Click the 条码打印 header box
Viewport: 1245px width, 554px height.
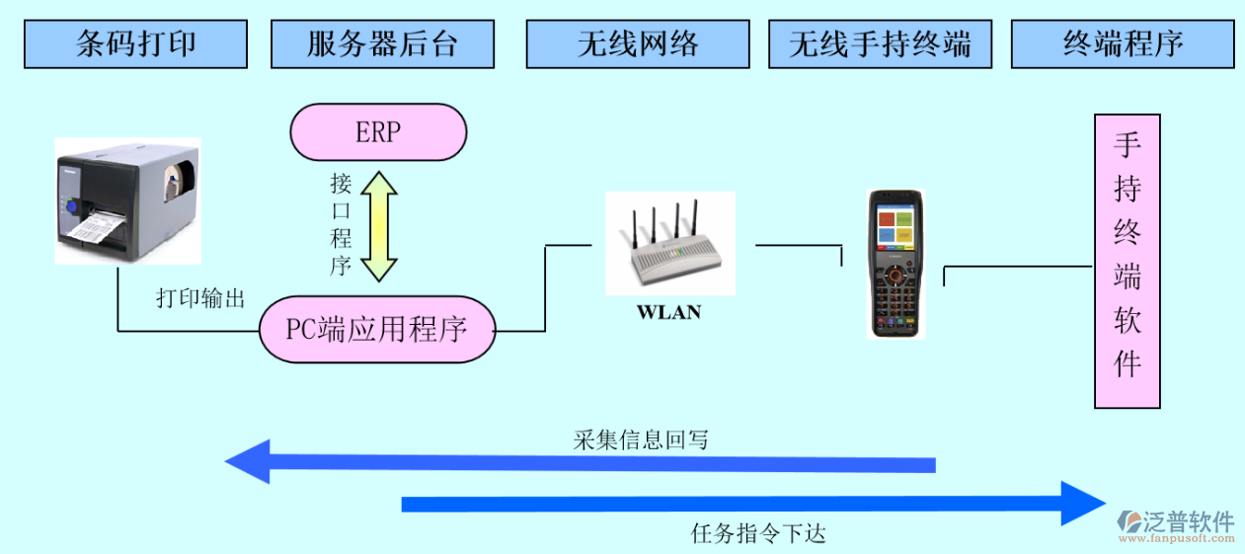click(x=136, y=44)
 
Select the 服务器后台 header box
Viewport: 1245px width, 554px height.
click(x=382, y=44)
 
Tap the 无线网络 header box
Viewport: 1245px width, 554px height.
click(x=638, y=44)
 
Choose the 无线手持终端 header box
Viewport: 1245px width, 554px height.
click(x=880, y=44)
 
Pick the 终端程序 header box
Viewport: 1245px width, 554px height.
click(x=1123, y=44)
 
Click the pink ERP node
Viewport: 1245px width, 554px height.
click(x=378, y=132)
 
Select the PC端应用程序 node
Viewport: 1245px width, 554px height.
click(x=377, y=329)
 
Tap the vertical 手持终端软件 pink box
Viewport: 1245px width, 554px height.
click(x=1127, y=261)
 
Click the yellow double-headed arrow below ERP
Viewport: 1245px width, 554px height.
click(x=378, y=225)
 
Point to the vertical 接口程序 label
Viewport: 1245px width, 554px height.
click(x=341, y=225)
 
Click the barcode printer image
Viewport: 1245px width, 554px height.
click(x=127, y=200)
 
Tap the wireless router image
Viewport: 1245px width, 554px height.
click(x=670, y=242)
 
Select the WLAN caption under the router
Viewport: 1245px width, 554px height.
click(x=668, y=312)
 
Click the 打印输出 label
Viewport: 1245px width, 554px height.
click(x=200, y=298)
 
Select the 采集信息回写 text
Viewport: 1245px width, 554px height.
click(x=641, y=440)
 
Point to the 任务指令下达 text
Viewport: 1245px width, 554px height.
click(x=758, y=534)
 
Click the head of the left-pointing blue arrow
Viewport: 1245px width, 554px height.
click(x=248, y=462)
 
